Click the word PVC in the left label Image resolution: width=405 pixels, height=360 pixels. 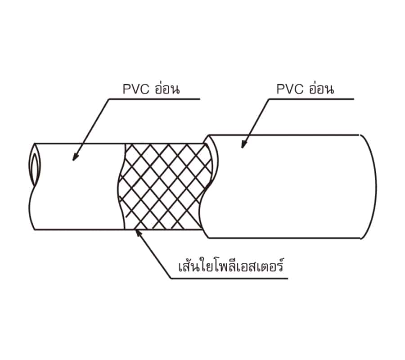[x=136, y=89]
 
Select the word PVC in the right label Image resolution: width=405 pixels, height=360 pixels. [x=290, y=89]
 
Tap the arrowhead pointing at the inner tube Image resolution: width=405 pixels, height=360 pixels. [x=75, y=157]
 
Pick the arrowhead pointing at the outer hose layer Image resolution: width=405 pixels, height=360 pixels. [x=243, y=144]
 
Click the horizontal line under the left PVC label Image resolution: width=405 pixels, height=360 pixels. [x=154, y=99]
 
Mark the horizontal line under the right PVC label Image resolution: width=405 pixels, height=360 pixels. [x=311, y=99]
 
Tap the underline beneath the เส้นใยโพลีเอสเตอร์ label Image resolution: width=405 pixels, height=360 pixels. [x=229, y=279]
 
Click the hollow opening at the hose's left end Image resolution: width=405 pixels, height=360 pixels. [x=34, y=165]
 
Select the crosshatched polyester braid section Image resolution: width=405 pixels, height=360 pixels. [x=165, y=186]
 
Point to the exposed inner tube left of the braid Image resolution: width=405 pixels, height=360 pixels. [x=77, y=186]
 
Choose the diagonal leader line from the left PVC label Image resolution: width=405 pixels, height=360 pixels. [x=91, y=130]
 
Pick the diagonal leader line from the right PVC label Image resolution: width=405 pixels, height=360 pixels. [x=255, y=123]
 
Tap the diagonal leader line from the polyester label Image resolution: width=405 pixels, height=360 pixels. [x=153, y=254]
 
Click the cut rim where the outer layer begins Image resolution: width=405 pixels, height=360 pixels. [x=210, y=186]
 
